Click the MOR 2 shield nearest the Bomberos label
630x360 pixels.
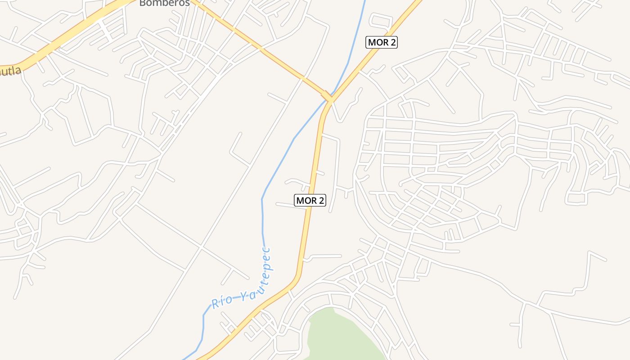(x=382, y=42)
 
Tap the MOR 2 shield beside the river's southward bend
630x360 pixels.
(x=310, y=200)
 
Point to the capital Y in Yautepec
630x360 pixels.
(x=243, y=296)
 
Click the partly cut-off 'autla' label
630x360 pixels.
(x=10, y=71)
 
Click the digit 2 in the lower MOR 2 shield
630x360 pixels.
(x=320, y=200)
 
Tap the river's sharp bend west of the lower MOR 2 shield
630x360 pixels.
(x=262, y=198)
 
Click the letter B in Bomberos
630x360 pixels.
(x=142, y=3)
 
